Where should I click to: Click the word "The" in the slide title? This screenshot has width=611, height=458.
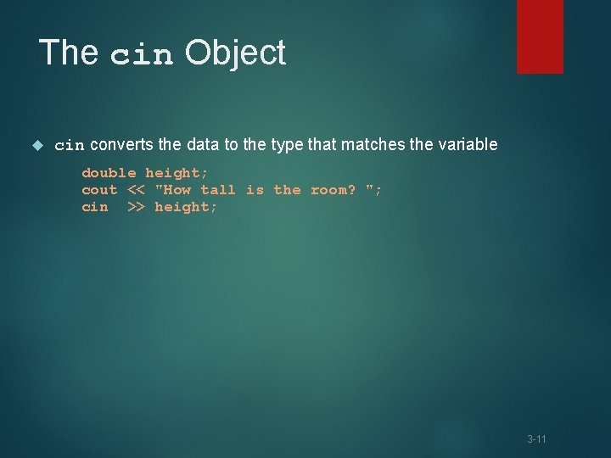(x=69, y=53)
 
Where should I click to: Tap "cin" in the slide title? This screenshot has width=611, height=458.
(x=142, y=55)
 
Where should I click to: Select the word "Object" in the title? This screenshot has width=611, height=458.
(x=235, y=53)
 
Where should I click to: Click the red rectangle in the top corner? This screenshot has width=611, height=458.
(x=540, y=36)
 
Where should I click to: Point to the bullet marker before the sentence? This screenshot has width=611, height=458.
(x=36, y=145)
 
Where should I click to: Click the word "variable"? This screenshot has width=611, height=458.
(x=467, y=145)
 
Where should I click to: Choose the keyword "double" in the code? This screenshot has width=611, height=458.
(x=109, y=173)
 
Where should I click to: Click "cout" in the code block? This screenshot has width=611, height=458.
(x=99, y=190)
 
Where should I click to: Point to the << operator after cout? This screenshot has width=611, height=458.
(x=136, y=190)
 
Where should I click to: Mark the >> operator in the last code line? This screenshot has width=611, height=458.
(x=136, y=207)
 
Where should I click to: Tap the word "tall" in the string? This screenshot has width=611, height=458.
(x=218, y=190)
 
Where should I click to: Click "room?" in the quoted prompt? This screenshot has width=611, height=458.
(x=333, y=190)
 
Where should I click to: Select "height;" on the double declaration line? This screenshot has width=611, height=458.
(x=177, y=173)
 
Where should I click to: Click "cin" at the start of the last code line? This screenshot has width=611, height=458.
(x=95, y=207)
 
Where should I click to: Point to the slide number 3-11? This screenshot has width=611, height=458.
(x=536, y=439)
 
